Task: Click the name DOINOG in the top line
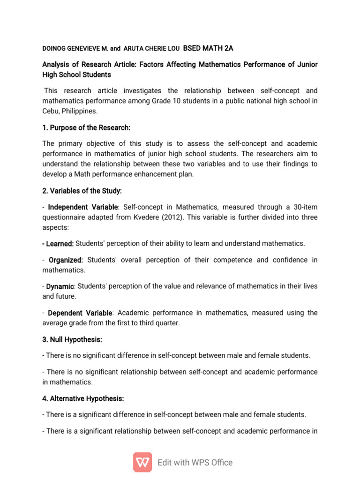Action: click(x=55, y=48)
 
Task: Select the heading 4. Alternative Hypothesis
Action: click(x=83, y=398)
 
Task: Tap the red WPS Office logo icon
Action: click(x=142, y=462)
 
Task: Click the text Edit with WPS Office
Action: click(x=195, y=463)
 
